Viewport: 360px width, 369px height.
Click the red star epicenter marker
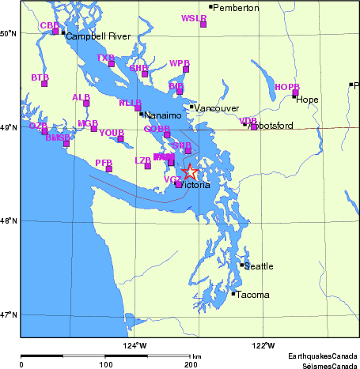(190, 171)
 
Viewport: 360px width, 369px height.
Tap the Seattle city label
(259, 266)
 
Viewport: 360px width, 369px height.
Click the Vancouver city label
(210, 107)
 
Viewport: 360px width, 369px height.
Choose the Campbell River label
(97, 36)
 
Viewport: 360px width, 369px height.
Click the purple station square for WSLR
(203, 24)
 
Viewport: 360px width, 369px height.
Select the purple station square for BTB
(44, 84)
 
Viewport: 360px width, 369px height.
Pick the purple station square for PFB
(109, 169)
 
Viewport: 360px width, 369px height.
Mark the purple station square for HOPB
(295, 92)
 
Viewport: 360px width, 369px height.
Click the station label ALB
(81, 97)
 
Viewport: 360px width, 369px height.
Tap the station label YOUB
(112, 133)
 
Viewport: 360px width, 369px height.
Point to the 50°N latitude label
(9, 33)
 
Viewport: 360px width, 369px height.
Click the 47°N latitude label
(9, 314)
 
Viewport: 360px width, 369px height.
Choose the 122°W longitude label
(263, 345)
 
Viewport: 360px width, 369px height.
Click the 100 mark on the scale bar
(105, 364)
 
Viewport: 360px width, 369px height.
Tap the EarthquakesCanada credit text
(323, 356)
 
